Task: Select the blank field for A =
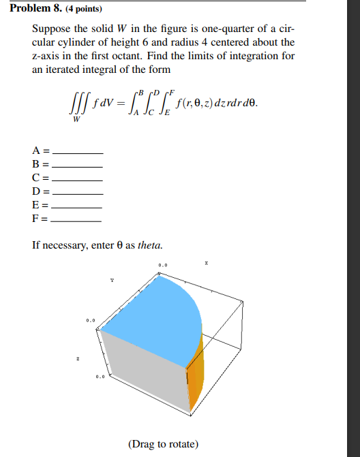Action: point(77,151)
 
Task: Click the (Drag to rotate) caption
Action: point(163,444)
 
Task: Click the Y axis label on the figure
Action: point(112,279)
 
